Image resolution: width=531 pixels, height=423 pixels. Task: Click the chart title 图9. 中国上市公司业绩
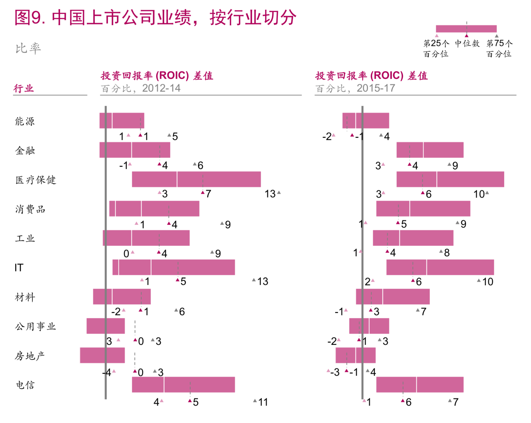pos(155,18)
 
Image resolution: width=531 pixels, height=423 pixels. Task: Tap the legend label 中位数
pos(467,44)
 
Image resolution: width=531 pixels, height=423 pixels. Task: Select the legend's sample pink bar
pos(466,29)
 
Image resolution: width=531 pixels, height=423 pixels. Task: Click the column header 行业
pos(24,88)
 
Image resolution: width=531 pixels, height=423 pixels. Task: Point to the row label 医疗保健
pos(36,180)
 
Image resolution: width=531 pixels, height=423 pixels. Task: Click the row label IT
pos(19,268)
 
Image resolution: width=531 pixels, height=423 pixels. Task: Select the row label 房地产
pos(30,356)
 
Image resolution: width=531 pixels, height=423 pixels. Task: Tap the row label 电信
pos(25,385)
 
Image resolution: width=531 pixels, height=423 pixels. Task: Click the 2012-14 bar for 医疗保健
pos(196,179)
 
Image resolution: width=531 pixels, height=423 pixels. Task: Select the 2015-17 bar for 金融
pos(430,150)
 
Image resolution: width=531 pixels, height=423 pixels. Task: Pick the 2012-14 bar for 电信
pos(183,385)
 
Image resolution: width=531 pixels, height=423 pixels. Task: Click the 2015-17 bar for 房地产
pos(356,355)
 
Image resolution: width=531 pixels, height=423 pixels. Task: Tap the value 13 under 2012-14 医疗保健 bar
pos(270,194)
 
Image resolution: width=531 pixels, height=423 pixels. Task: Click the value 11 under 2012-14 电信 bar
pos(263,402)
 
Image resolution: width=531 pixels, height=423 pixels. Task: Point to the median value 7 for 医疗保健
pos(208,194)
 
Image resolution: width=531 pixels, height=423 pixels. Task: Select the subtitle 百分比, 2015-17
pos(355,88)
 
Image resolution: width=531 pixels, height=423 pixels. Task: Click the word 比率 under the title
pos(28,48)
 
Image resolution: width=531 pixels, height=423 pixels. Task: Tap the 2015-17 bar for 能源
pos(366,121)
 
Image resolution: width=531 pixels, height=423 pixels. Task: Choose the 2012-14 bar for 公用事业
pos(106,326)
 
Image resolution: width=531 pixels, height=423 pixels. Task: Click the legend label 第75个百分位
pos(499,48)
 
